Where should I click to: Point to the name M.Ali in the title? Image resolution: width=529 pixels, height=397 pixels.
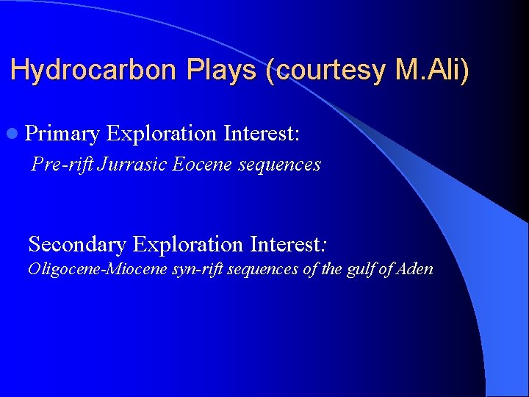[x=430, y=71]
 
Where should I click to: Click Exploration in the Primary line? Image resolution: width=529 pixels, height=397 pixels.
[x=162, y=133]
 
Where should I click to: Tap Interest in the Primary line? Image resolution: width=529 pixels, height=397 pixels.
[x=262, y=133]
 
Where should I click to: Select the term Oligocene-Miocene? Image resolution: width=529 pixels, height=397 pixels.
[x=88, y=269]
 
